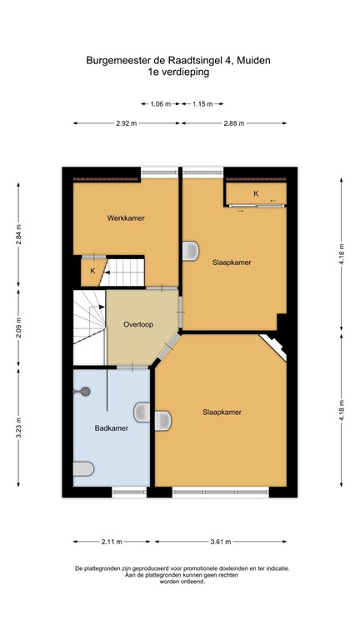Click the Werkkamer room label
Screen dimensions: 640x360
coord(126,218)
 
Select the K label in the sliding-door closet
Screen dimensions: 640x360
coord(256,194)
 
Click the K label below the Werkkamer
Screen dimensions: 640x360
coord(92,271)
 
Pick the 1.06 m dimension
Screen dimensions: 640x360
coord(161,104)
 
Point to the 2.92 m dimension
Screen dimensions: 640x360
coord(127,123)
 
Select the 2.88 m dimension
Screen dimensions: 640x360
coord(235,123)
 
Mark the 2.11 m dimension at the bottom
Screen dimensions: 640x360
coord(108,540)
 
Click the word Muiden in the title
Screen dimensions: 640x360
coord(254,60)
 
